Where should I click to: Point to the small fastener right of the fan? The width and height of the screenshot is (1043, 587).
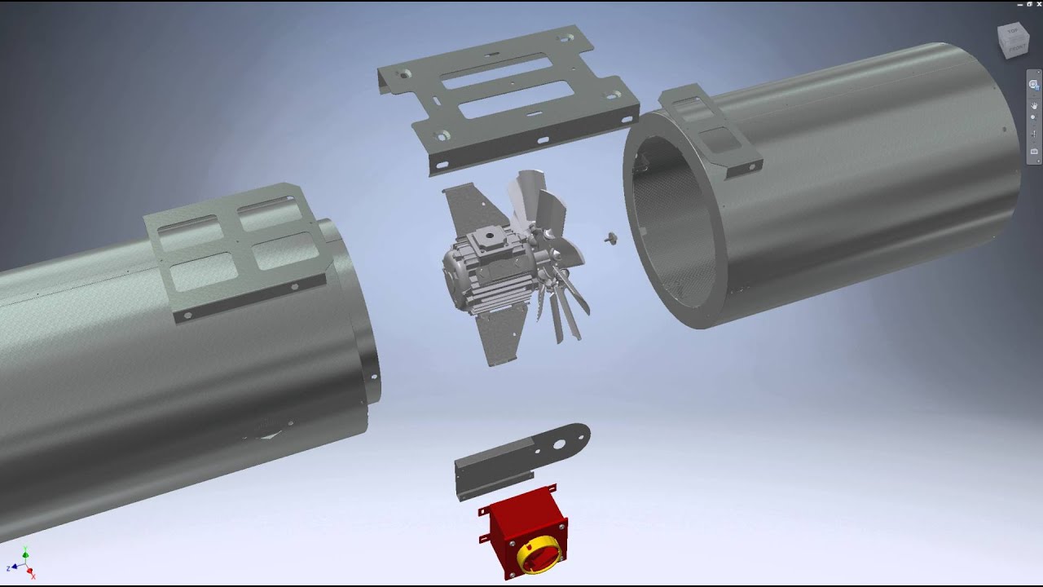tap(611, 238)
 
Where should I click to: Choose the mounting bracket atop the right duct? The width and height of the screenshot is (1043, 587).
tap(709, 130)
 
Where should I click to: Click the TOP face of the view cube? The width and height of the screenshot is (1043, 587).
tap(1013, 32)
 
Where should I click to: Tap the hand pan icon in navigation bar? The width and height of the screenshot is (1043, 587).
tap(1034, 101)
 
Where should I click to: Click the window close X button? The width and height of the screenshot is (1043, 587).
tap(1038, 4)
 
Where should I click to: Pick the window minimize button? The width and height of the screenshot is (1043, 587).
tap(1019, 4)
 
